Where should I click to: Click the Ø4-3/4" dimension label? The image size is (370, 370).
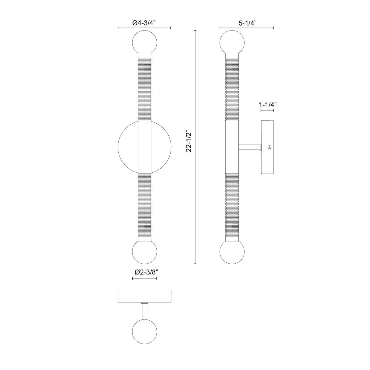(x=144, y=23)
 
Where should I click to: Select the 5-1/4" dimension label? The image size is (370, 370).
(x=247, y=23)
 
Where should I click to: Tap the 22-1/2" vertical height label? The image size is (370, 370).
(x=189, y=142)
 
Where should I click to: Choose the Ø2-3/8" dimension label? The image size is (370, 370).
(x=145, y=272)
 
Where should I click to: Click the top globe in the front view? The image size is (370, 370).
(x=145, y=42)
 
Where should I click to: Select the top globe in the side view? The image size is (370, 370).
(x=232, y=42)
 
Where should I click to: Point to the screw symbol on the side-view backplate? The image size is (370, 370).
(x=270, y=147)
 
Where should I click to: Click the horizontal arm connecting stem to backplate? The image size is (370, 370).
(x=249, y=147)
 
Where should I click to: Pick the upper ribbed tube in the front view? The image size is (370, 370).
(x=145, y=89)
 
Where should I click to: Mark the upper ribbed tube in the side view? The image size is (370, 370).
(x=232, y=89)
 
